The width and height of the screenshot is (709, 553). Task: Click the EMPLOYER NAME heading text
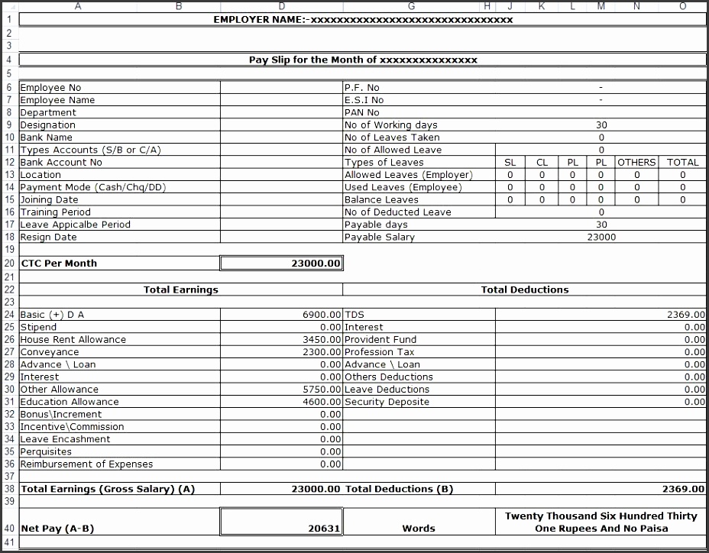363,20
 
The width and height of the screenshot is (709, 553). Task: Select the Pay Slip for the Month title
363,60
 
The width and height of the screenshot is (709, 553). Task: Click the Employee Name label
57,100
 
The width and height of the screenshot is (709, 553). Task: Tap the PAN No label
361,112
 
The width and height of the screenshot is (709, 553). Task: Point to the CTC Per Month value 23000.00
316,264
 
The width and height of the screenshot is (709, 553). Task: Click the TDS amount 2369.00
685,315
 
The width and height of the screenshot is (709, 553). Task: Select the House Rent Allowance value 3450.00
321,340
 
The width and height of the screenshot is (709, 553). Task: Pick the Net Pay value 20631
324,528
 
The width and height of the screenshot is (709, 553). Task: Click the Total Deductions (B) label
399,489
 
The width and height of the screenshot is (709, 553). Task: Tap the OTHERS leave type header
636,162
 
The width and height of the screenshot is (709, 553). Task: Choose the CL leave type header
542,162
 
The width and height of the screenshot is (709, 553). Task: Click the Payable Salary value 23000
601,237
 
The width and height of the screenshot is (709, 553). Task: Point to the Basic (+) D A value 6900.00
321,315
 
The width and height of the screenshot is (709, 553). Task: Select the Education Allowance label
70,402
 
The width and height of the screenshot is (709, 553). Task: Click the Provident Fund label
380,340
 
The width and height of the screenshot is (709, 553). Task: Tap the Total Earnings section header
181,289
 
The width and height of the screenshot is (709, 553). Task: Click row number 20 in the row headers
9,264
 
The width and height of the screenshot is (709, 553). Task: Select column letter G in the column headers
412,6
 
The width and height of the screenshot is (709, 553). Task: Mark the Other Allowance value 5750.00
321,390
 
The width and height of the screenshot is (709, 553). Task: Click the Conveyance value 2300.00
321,352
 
